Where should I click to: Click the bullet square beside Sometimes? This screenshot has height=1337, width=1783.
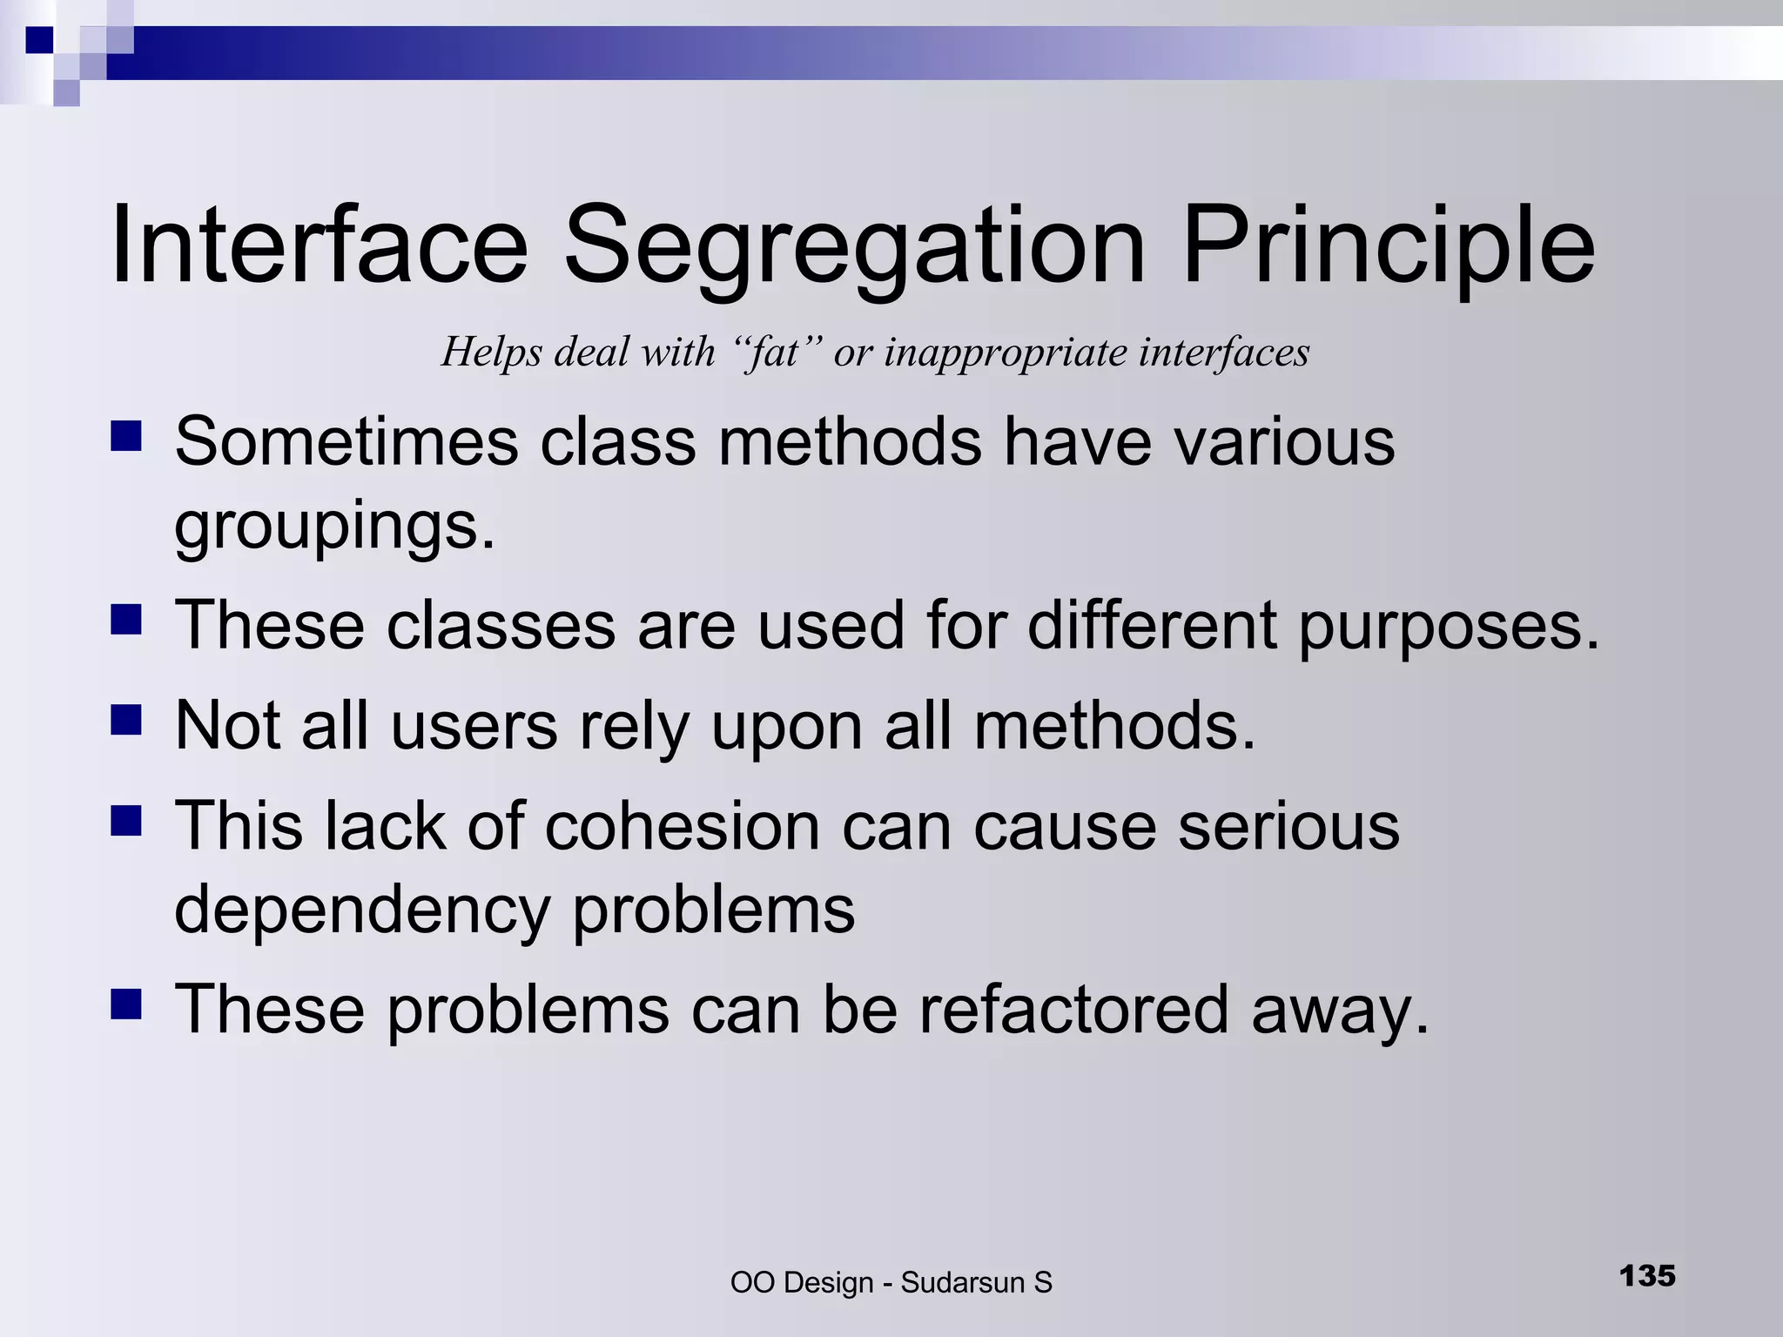click(126, 435)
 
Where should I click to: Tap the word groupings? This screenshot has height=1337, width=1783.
click(334, 527)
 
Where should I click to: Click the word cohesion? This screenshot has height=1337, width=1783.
click(682, 825)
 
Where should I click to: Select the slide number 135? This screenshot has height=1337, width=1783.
click(1646, 1276)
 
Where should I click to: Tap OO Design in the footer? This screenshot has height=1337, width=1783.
click(801, 1283)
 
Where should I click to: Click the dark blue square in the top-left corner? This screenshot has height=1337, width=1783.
click(40, 40)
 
